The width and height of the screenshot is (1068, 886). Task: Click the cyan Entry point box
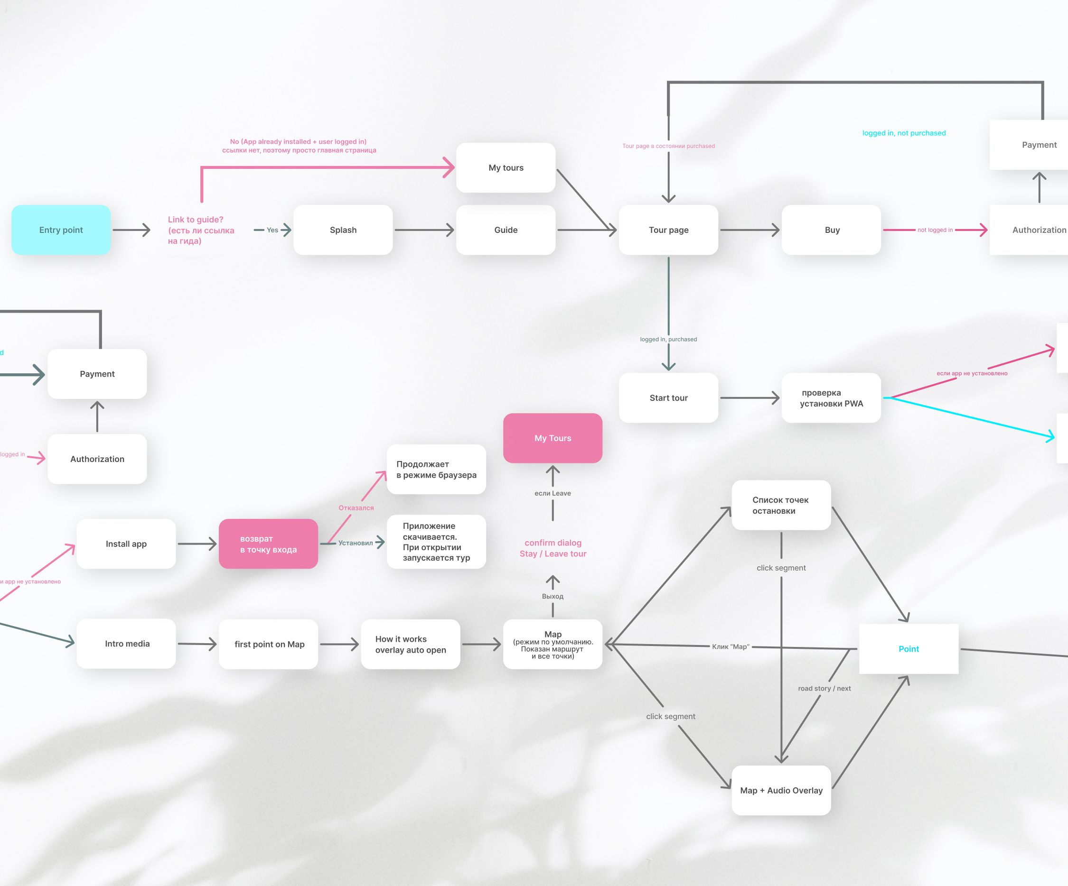point(61,230)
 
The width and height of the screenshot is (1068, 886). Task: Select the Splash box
point(343,230)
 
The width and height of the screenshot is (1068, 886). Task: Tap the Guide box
point(506,230)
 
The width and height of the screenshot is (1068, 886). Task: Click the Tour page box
point(668,230)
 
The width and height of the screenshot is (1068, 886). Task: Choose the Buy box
point(832,230)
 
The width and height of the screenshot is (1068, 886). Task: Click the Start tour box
point(668,397)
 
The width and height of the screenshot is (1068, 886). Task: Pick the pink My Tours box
point(553,438)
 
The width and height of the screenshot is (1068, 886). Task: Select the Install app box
point(126,544)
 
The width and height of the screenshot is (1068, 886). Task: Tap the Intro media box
point(127,644)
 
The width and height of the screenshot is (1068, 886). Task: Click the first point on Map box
point(269,644)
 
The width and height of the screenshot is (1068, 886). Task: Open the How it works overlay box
point(411,644)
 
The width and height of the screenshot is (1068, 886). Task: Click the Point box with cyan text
point(909,649)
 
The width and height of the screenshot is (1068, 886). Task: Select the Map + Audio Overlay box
point(781,791)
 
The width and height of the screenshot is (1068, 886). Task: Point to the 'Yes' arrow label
point(272,230)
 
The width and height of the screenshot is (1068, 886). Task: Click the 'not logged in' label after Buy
point(935,230)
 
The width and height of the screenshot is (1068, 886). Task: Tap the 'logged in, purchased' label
point(668,339)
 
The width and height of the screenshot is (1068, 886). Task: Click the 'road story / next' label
point(824,688)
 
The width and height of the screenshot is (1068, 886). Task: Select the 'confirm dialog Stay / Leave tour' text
point(553,548)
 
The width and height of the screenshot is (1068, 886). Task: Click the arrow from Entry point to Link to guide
point(131,230)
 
